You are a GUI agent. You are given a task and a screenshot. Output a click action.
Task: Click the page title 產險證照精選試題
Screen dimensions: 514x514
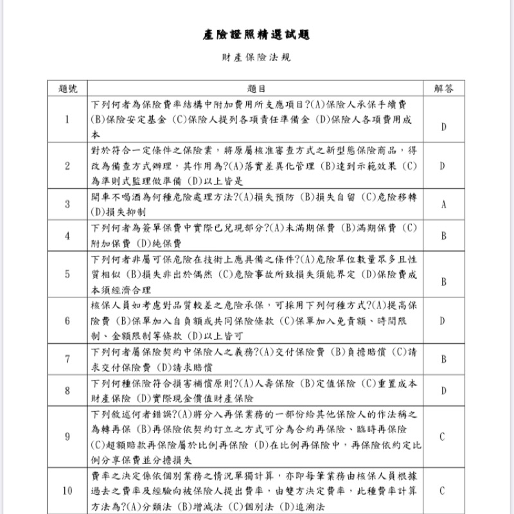256,34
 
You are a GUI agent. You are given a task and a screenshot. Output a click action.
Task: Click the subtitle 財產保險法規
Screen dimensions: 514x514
256,57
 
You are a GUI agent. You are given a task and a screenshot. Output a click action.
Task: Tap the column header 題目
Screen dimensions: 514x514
256,89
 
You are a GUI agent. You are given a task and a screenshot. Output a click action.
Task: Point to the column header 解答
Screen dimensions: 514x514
443,89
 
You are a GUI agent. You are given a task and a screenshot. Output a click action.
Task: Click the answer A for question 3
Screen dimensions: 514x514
443,205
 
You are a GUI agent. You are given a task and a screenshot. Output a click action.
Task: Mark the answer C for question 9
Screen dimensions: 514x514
443,437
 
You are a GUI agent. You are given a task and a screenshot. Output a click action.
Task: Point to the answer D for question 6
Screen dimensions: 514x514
443,321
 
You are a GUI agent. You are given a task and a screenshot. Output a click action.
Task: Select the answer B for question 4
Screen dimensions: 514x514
443,236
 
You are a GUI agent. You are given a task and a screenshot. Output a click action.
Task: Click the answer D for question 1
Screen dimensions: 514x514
443,127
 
